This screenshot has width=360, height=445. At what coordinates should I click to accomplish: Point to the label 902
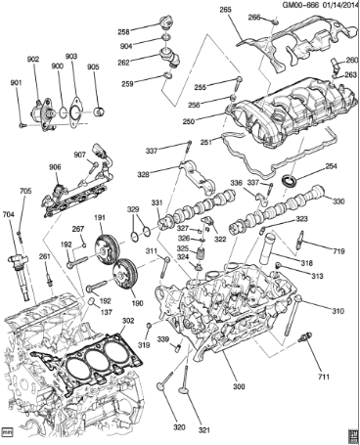(x=33, y=59)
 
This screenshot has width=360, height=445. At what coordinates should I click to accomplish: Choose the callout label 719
(x=338, y=252)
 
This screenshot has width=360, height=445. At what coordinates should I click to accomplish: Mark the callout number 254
(x=331, y=168)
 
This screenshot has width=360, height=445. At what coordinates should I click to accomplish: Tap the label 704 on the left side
(x=9, y=215)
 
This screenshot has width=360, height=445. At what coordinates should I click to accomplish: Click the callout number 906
(x=56, y=167)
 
